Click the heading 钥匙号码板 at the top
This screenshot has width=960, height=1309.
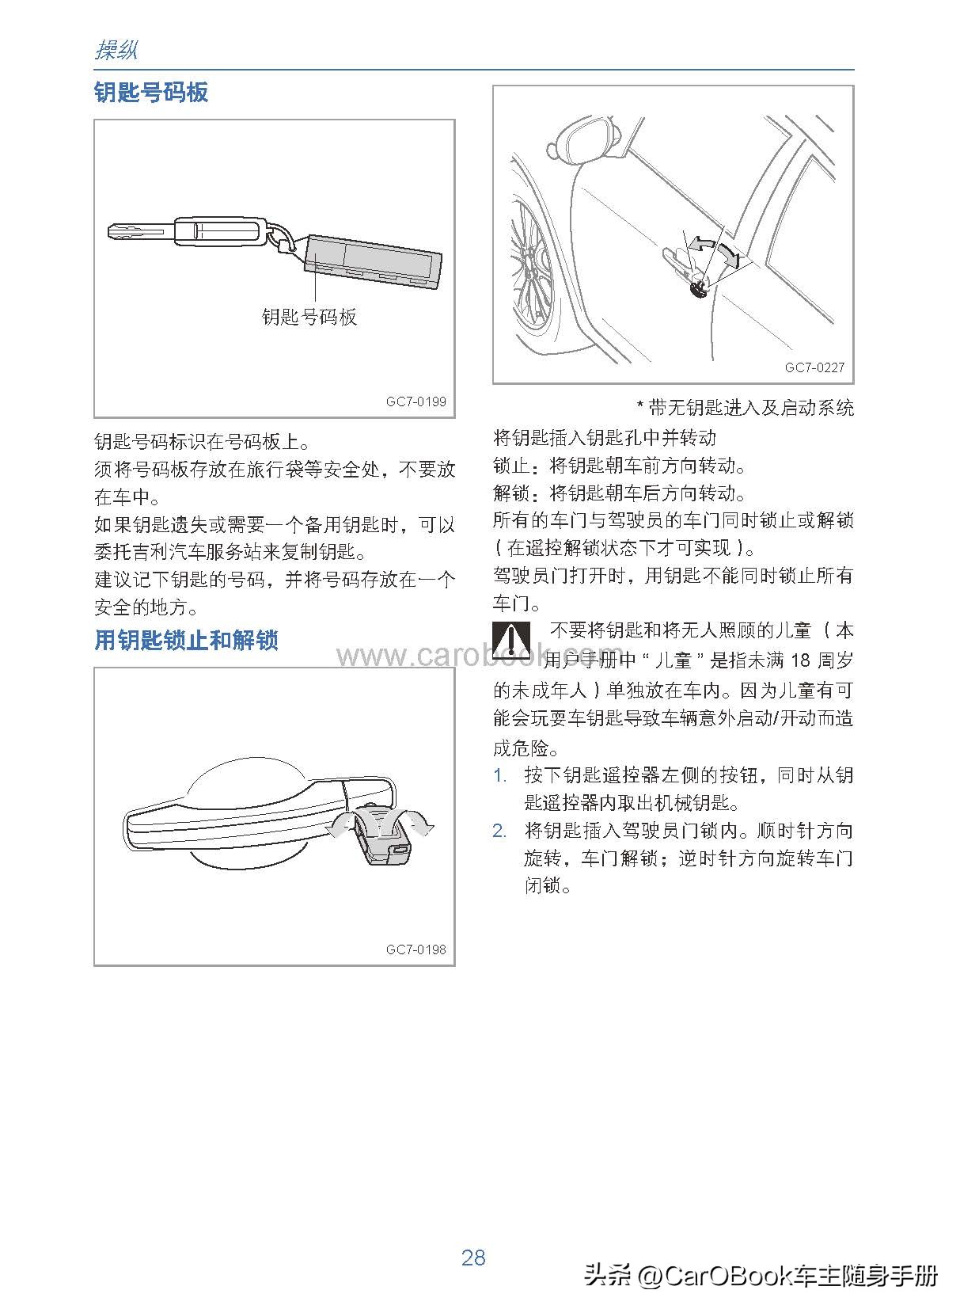[150, 93]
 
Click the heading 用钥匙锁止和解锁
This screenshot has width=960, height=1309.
[186, 640]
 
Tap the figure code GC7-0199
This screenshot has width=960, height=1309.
[415, 401]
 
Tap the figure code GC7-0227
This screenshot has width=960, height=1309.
[814, 367]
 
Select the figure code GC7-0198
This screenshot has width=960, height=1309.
[415, 949]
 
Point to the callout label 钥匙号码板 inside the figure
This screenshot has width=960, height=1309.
[309, 317]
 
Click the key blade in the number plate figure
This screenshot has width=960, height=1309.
[139, 232]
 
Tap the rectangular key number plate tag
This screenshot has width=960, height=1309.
[374, 262]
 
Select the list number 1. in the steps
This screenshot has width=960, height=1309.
[500, 775]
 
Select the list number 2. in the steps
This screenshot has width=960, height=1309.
[500, 831]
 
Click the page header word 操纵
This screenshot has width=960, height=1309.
[116, 51]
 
